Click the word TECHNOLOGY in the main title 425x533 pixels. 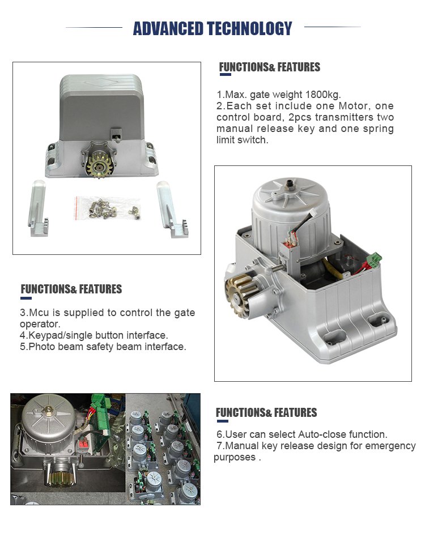click(x=250, y=28)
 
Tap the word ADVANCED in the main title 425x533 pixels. click(x=168, y=28)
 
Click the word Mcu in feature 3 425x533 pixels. click(x=39, y=313)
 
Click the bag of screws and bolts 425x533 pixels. click(x=108, y=208)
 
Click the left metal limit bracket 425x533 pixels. click(x=38, y=208)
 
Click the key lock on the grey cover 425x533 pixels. click(x=116, y=134)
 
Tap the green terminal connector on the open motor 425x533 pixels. click(x=375, y=259)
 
